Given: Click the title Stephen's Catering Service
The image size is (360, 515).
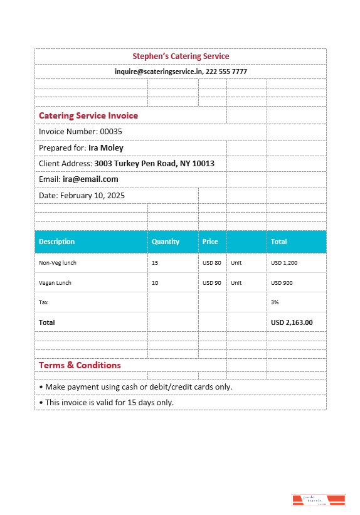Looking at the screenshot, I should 181,56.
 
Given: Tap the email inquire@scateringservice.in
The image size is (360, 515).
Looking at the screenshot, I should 158,72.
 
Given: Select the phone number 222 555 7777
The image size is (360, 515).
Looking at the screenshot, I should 226,72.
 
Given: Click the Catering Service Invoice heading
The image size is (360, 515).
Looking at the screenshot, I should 88,115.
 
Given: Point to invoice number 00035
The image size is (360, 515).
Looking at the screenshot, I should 111,132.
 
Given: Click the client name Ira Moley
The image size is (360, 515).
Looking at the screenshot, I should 106,148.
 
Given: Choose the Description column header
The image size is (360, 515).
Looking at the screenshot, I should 56,242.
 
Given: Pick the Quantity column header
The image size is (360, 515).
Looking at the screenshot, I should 166,242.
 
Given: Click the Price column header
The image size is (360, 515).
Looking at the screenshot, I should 210,242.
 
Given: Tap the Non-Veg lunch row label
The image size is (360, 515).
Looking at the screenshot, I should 58,263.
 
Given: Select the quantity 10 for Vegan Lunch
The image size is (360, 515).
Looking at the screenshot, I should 155,283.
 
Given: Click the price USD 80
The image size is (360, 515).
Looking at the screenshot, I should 212,263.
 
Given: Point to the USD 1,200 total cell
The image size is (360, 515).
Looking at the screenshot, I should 284,263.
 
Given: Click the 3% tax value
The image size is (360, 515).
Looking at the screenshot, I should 274,302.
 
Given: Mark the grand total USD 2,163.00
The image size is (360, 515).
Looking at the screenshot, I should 292,322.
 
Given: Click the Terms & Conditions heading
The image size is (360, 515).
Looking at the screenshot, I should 80,365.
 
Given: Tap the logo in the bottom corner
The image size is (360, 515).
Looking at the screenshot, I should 319,500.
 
